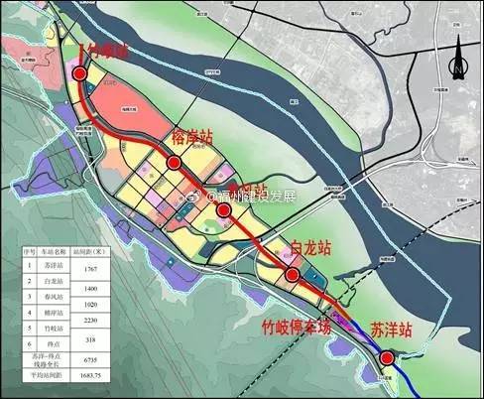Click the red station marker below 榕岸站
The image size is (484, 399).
click(x=174, y=162)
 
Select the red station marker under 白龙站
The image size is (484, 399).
click(x=293, y=275)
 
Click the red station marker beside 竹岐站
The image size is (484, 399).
click(x=79, y=73)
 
